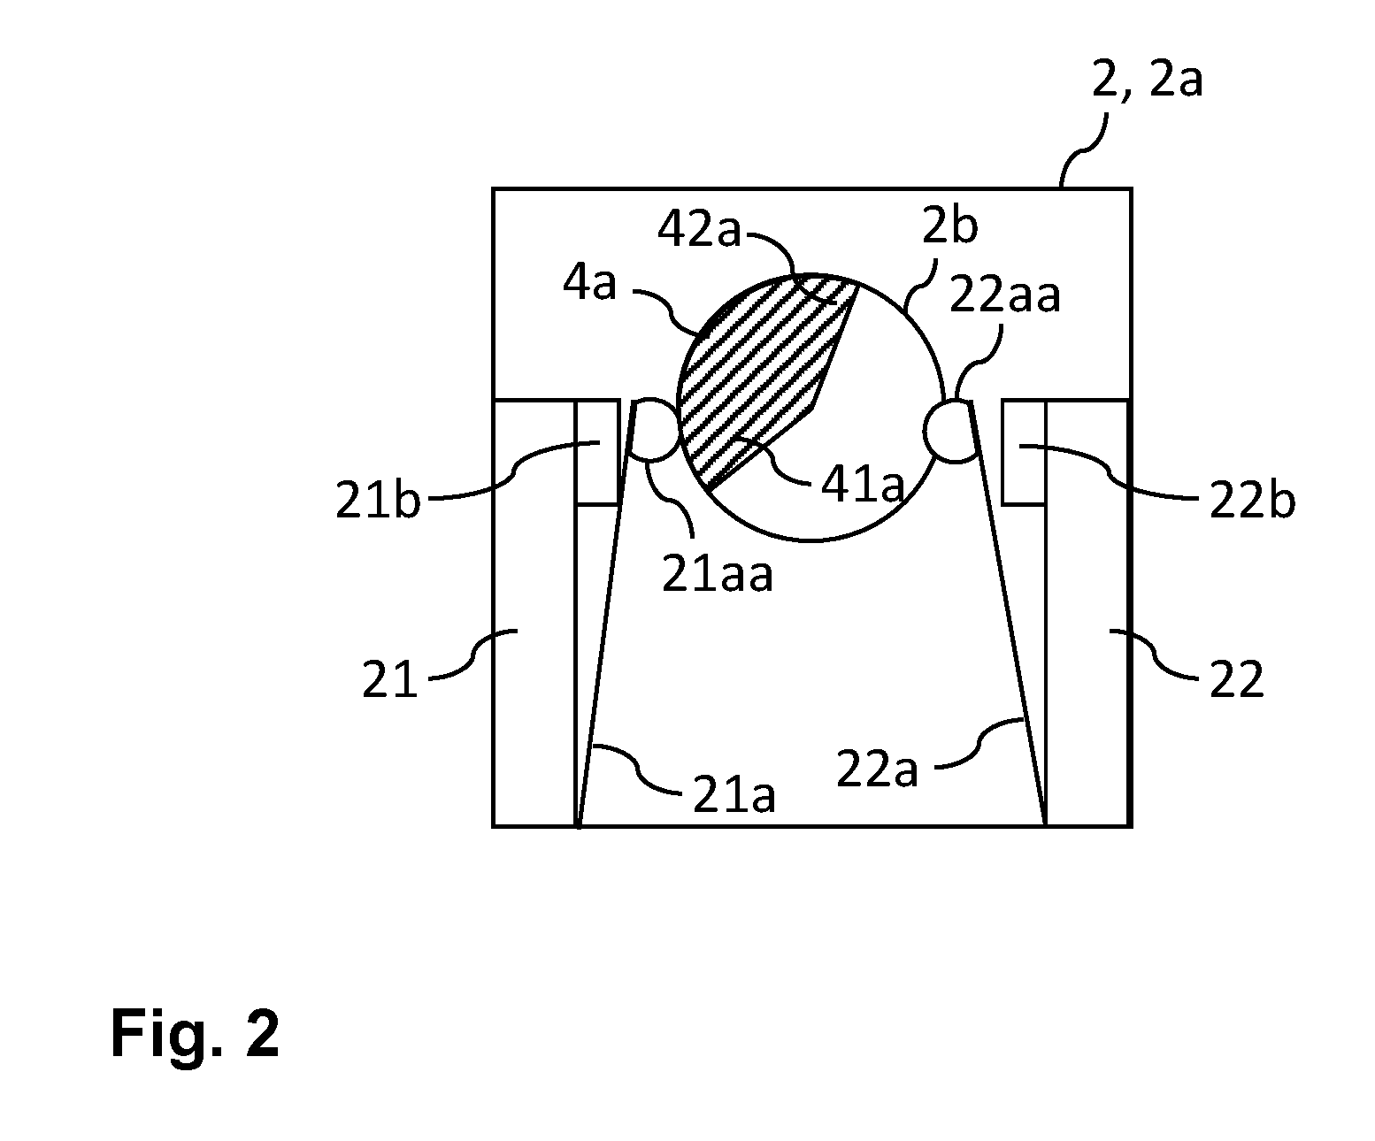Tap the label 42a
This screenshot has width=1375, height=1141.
(x=699, y=230)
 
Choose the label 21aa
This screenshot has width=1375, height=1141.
(x=717, y=573)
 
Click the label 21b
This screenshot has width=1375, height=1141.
(x=377, y=499)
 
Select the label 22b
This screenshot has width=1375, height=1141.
(x=1252, y=501)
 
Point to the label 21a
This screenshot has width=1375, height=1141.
(x=734, y=794)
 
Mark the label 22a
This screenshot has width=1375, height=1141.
(x=877, y=769)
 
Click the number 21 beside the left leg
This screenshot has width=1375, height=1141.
(x=390, y=678)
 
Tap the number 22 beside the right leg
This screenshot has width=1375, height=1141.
(x=1236, y=678)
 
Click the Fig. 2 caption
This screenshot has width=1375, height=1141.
(x=195, y=1033)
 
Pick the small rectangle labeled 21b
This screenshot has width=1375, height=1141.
(x=597, y=452)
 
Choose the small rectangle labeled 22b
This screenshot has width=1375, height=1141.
(x=1024, y=452)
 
